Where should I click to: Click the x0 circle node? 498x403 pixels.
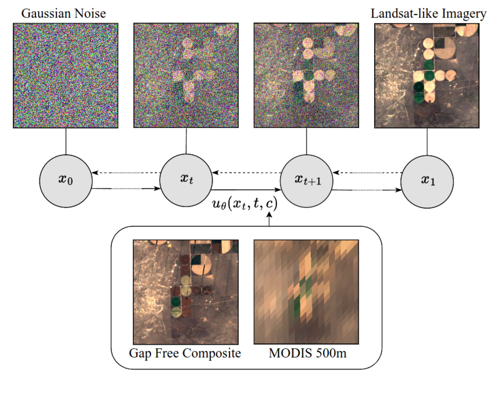66,181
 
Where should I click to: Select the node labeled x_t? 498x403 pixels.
186,180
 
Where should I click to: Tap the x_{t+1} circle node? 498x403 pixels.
306,181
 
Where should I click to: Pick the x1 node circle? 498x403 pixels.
427,182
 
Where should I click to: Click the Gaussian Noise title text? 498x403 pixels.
63,13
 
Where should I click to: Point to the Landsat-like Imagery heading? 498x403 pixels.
428,13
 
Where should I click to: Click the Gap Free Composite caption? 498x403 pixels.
185,353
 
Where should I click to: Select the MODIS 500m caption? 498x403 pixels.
308,353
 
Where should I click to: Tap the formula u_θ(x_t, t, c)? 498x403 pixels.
244,204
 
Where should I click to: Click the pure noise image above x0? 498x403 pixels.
66,75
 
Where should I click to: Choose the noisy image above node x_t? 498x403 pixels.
186,75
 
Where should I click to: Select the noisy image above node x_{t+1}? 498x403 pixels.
306,75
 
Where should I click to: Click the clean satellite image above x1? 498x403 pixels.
427,76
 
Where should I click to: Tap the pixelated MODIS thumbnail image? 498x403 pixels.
306,292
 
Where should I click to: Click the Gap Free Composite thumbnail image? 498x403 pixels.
186,292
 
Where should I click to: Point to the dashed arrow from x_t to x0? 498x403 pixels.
126,173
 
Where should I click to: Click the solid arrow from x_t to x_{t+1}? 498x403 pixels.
246,190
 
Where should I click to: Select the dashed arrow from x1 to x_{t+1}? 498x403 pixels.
367,173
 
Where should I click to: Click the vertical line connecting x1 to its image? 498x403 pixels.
427,142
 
